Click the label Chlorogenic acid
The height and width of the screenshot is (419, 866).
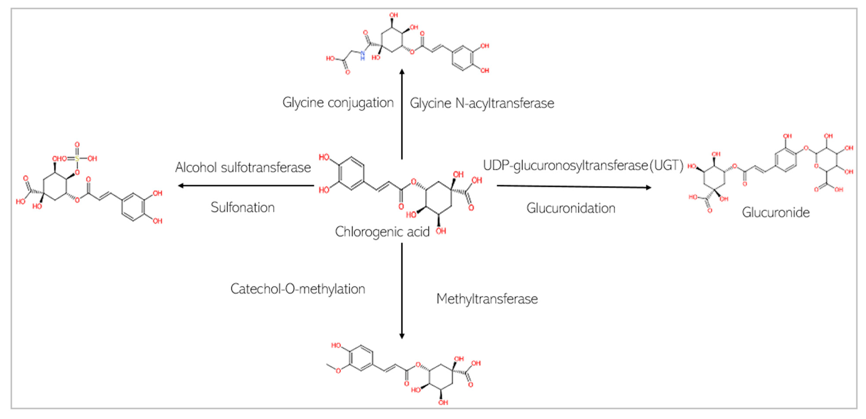(x=382, y=232)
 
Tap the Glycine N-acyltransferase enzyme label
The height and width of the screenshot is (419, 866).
(x=482, y=103)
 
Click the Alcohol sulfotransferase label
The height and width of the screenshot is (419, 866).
(x=243, y=167)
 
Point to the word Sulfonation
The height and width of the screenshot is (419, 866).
(x=243, y=207)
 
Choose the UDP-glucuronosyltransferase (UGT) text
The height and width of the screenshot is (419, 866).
(x=583, y=165)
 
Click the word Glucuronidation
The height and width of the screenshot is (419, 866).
(x=571, y=208)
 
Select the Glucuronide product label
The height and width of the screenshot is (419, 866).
(x=776, y=212)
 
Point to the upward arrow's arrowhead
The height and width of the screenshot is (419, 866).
(x=402, y=72)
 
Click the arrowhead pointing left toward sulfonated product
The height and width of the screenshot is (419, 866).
(x=180, y=186)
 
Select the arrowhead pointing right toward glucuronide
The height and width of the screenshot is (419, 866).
(x=649, y=188)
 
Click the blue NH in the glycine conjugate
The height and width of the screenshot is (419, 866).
(x=362, y=55)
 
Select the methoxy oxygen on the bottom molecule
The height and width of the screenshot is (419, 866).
(x=338, y=371)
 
